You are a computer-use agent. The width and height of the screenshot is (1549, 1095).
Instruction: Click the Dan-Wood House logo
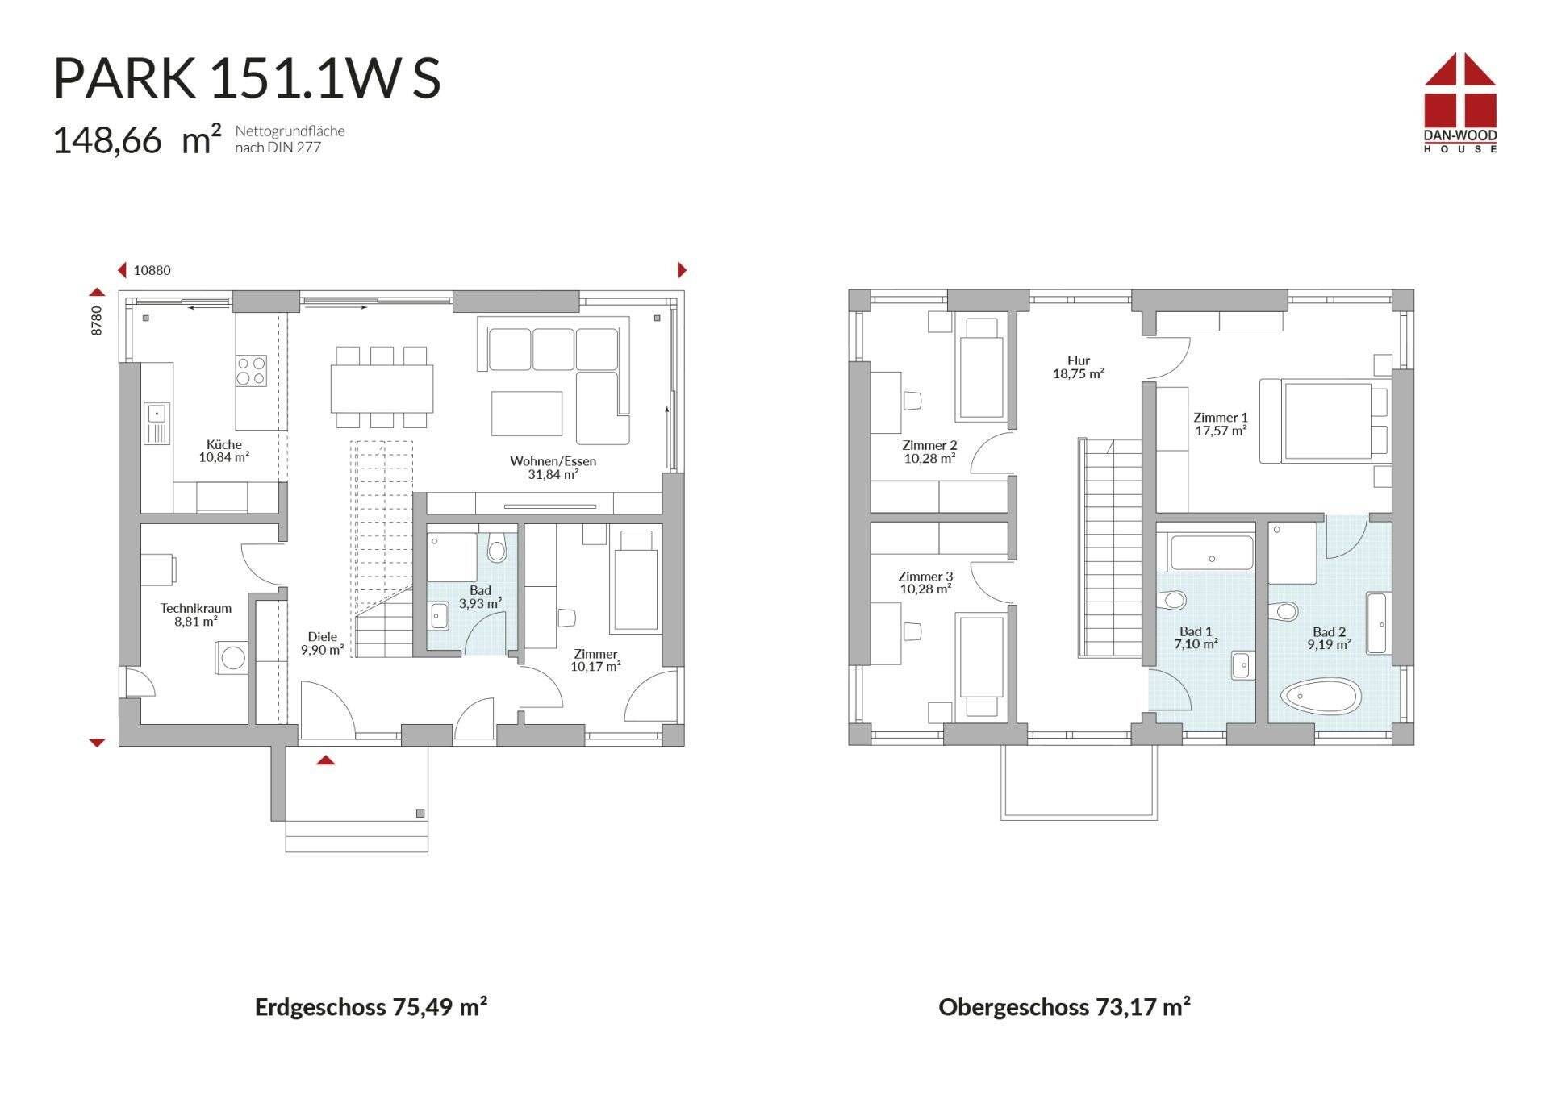coord(1460,103)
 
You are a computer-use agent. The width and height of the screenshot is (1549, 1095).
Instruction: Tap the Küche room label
coord(224,444)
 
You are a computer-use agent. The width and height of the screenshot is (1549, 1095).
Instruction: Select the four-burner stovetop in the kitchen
coord(251,371)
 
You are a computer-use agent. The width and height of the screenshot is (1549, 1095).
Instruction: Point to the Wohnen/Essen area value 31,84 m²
coord(553,475)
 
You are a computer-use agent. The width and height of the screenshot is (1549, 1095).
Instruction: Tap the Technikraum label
coord(196,608)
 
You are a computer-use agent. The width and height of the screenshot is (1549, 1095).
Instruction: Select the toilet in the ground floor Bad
coord(497,548)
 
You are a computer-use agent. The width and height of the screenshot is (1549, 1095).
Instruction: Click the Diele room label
coord(323,636)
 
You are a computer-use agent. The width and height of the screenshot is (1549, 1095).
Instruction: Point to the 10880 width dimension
coord(152,271)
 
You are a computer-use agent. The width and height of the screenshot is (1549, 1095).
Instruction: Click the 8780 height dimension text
coord(97,320)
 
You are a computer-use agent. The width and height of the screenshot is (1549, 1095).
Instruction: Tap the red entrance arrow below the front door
coord(325,760)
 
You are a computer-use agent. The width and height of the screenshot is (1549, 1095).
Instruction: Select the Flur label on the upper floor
coord(1079,360)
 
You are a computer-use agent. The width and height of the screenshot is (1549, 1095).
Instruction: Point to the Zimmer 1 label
coord(1221,417)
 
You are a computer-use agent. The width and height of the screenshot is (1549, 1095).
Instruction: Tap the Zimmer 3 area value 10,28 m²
coord(925,589)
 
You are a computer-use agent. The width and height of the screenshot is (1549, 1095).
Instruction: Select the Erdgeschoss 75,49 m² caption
coord(371,1006)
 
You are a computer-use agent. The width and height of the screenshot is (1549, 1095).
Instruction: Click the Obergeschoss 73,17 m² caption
coord(1064,1006)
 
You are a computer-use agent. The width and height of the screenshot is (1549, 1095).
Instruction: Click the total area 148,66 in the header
coord(107,140)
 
